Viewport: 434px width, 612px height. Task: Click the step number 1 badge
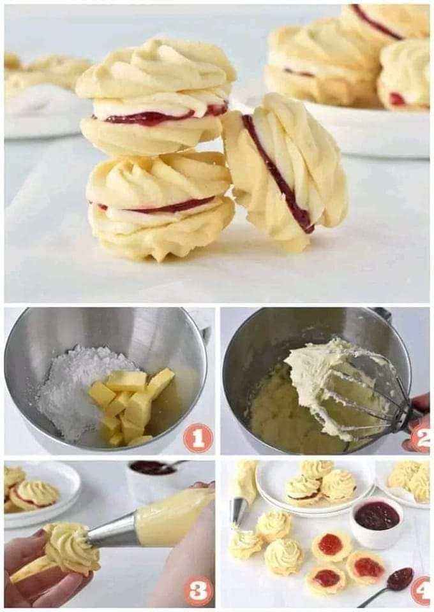pos(198,438)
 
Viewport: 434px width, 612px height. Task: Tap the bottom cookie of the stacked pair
pos(161,205)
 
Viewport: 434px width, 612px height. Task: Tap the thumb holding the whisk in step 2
pos(421,403)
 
